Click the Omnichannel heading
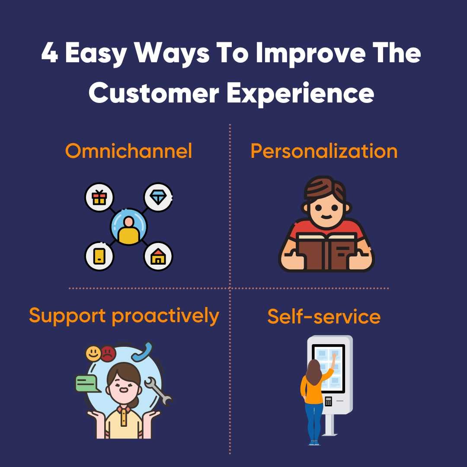[x=128, y=151]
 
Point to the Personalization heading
[x=324, y=151]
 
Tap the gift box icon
[x=99, y=198]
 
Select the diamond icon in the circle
[x=158, y=198]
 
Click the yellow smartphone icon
[x=99, y=256]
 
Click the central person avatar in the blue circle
[x=128, y=227]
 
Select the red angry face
[x=108, y=354]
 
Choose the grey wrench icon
[x=157, y=390]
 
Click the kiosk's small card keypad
[x=328, y=401]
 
